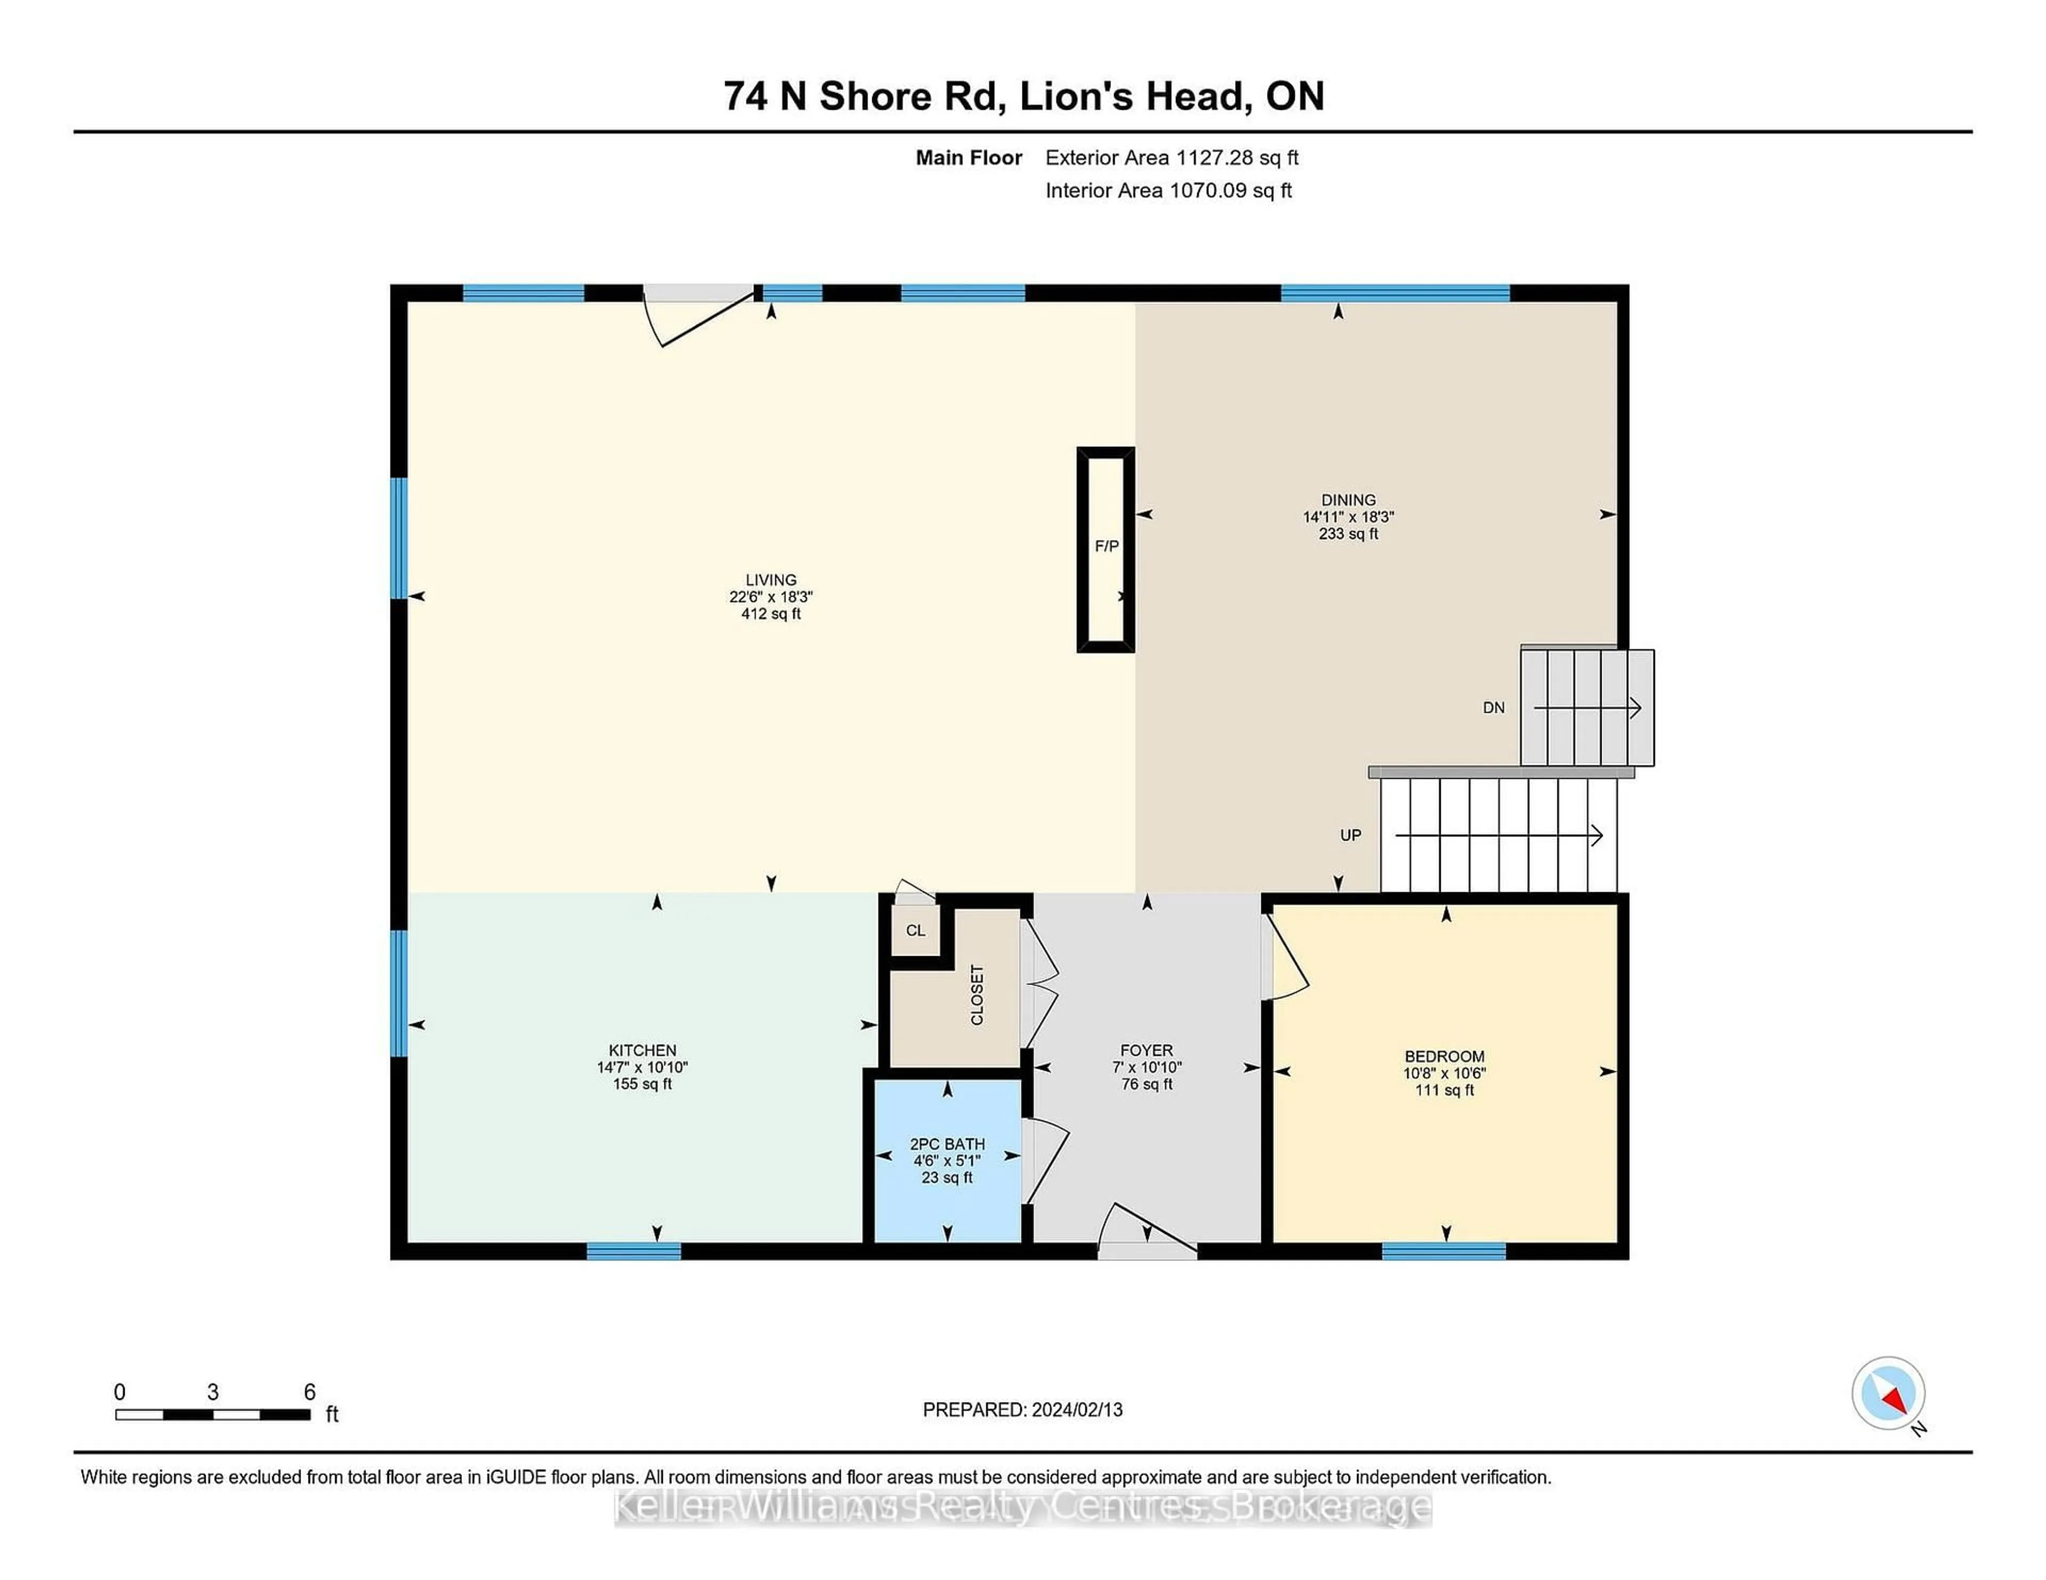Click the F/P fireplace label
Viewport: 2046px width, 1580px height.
point(1106,546)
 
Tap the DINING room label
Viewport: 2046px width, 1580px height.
point(1348,500)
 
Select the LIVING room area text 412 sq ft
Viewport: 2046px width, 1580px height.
point(771,614)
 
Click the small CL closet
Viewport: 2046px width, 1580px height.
point(915,930)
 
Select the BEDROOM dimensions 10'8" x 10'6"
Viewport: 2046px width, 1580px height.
point(1444,1073)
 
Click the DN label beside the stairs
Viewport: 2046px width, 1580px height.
point(1493,708)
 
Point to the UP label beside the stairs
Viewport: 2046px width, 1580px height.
point(1350,835)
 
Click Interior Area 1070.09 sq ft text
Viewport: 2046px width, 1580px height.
point(1168,190)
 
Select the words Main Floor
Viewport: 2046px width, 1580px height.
point(969,157)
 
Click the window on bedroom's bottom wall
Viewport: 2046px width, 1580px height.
point(1443,1251)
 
